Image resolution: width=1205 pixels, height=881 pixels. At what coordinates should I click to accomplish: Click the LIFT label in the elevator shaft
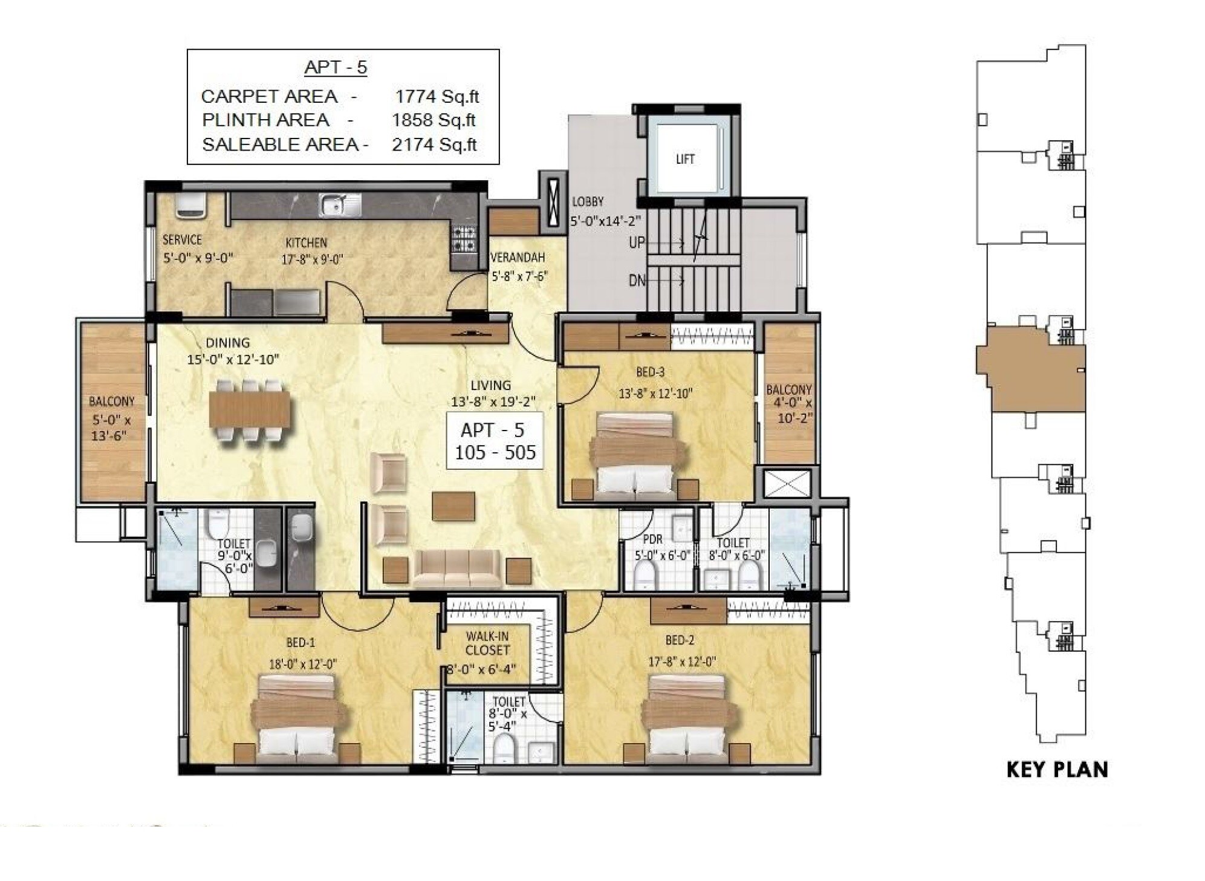(x=684, y=159)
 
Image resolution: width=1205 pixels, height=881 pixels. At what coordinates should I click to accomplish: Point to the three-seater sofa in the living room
(x=457, y=568)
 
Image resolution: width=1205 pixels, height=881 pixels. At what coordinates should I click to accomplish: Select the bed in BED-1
(x=296, y=719)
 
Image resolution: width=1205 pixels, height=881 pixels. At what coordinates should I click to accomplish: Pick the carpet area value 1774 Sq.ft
(x=437, y=96)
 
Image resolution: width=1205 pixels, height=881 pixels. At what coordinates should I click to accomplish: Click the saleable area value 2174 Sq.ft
(x=434, y=145)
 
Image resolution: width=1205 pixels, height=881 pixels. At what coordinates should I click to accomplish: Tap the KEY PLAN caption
(x=1056, y=769)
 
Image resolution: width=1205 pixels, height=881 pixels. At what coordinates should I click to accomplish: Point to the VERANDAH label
(x=518, y=258)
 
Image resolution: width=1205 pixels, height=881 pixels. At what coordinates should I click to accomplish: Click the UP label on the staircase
(x=637, y=243)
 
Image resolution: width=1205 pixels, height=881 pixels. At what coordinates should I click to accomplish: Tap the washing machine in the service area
(x=190, y=206)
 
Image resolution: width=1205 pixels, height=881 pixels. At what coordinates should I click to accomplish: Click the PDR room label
(x=652, y=539)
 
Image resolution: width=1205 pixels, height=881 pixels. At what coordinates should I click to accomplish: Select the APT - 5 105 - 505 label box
(x=495, y=441)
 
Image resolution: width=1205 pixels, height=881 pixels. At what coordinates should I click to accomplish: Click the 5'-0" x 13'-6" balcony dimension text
(x=111, y=427)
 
